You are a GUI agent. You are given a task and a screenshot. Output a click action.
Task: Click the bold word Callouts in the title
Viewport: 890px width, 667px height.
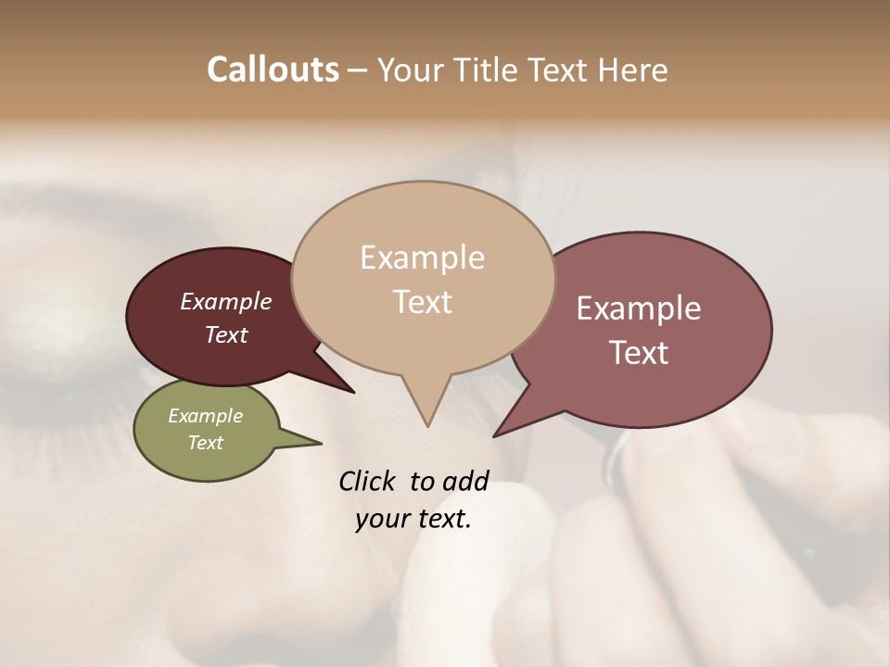click(x=273, y=69)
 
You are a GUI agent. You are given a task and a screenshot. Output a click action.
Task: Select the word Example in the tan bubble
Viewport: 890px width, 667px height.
click(x=422, y=258)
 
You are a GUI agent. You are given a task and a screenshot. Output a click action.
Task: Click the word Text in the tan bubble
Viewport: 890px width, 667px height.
click(x=422, y=301)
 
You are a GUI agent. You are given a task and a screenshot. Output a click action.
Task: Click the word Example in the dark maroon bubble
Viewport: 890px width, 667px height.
click(x=225, y=301)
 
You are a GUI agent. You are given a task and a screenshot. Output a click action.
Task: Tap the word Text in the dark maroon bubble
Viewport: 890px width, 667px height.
click(x=225, y=334)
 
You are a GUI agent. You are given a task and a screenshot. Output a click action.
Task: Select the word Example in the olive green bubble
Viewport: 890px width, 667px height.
click(x=205, y=416)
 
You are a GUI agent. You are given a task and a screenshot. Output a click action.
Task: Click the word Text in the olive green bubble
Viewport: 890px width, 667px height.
click(x=205, y=443)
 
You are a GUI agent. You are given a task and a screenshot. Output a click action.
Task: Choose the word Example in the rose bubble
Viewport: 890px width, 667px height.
click(x=639, y=308)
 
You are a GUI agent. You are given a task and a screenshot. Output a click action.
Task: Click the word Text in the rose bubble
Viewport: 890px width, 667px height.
click(x=639, y=352)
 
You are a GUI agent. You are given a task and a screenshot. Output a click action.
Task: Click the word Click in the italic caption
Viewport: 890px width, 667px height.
click(x=368, y=481)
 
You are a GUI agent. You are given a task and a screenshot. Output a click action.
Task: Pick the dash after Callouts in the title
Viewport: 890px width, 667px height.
click(x=358, y=71)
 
